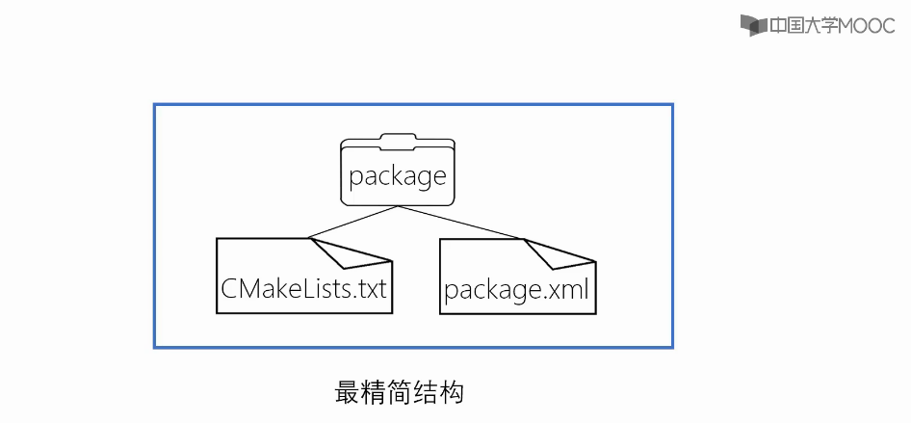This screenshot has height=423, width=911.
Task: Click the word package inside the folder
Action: (x=398, y=176)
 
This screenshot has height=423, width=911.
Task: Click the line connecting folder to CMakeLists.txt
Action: (x=352, y=222)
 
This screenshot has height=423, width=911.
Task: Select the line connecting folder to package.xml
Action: (x=461, y=223)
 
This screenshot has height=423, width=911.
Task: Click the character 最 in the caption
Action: (x=347, y=393)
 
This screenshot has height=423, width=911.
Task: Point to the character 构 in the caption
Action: (x=452, y=393)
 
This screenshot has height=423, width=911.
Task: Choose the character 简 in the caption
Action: (x=400, y=393)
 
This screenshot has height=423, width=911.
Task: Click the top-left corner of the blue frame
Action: (x=154, y=104)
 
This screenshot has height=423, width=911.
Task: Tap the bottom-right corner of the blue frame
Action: (x=672, y=347)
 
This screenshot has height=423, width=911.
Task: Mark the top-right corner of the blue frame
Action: (x=672, y=104)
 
